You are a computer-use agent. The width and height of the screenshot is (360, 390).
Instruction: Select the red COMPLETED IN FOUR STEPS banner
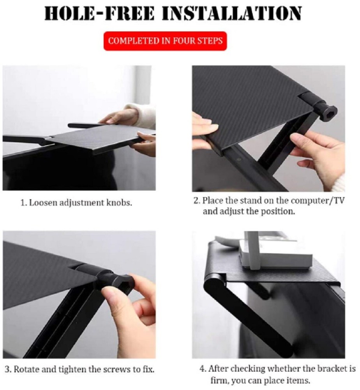tap(165, 41)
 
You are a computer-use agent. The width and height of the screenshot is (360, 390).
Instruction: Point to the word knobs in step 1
tap(120, 203)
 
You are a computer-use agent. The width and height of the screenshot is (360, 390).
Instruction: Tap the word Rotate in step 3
tap(27, 369)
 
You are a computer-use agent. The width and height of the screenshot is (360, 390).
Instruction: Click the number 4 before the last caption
tap(202, 369)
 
